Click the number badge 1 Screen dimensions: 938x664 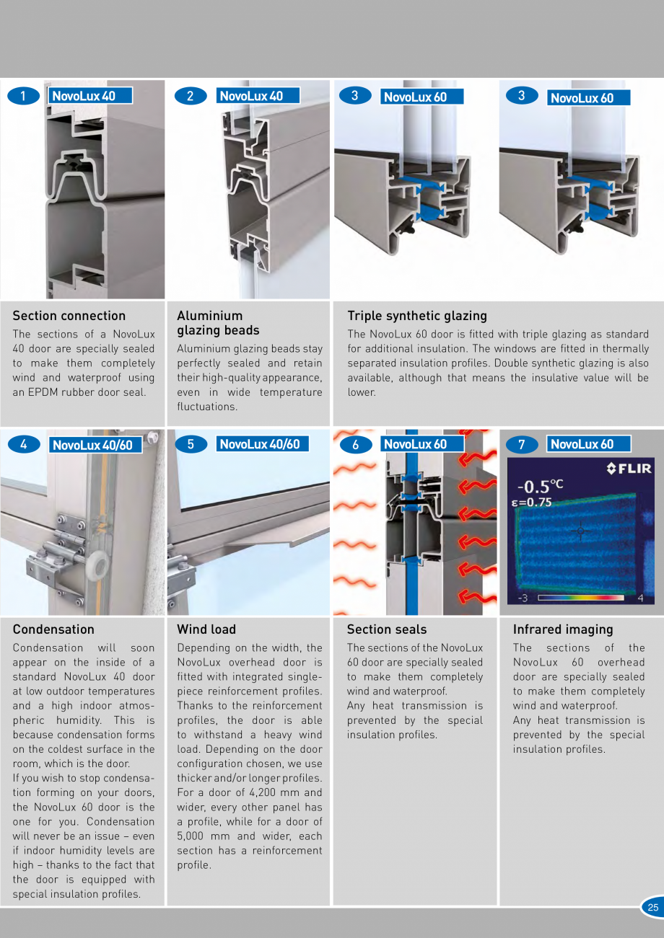[x=24, y=96]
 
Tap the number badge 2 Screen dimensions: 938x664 [x=191, y=96]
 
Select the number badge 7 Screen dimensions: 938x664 [x=522, y=445]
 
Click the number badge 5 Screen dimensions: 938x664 [x=191, y=444]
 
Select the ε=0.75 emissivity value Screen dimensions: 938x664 [x=531, y=503]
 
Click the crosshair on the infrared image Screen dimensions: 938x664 [x=580, y=531]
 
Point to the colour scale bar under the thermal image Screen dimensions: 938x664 [x=580, y=598]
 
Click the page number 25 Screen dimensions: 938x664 [x=652, y=908]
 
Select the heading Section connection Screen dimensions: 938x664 [x=69, y=316]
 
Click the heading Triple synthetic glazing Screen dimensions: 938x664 [x=417, y=316]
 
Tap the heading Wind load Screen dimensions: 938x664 [x=206, y=629]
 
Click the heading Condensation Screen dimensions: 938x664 [x=53, y=629]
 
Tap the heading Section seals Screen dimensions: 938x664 [x=387, y=629]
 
